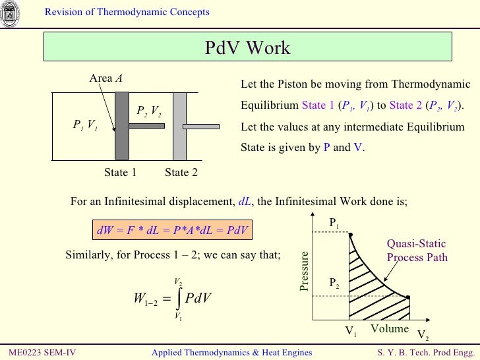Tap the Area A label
105,78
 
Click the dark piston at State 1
122,125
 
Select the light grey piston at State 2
179,125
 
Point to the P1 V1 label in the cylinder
85,125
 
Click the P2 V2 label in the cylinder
149,111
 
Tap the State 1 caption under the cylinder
120,173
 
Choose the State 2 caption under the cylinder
181,173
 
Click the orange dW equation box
173,231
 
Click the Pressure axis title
304,271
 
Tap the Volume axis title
389,328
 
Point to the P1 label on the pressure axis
334,224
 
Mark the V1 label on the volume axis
351,332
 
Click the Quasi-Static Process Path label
417,251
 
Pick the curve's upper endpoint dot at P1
350,234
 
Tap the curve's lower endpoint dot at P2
409,297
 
